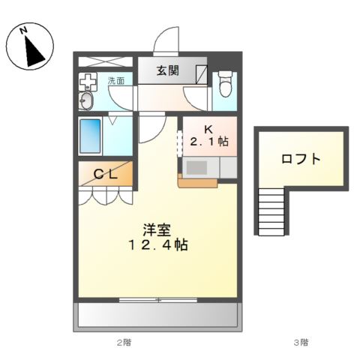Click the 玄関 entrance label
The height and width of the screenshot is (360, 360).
pyautogui.click(x=168, y=70)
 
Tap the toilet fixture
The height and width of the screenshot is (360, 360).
pyautogui.click(x=225, y=84)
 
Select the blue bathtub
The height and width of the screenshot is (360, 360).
pyautogui.click(x=90, y=136)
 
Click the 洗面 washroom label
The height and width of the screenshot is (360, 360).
pyautogui.click(x=116, y=80)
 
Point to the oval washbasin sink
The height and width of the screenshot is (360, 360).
pyautogui.click(x=86, y=100)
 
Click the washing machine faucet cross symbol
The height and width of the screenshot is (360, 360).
pyautogui.click(x=88, y=82)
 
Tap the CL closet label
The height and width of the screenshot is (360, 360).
pyautogui.click(x=106, y=174)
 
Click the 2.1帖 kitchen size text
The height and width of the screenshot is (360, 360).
pyautogui.click(x=209, y=142)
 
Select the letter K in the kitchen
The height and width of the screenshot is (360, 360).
pyautogui.click(x=208, y=129)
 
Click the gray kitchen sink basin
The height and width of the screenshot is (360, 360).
pyautogui.click(x=197, y=167)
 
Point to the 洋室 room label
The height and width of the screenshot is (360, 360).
pyautogui.click(x=157, y=230)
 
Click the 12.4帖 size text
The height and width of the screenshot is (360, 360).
pyautogui.click(x=158, y=245)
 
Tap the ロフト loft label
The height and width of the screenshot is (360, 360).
pyautogui.click(x=301, y=159)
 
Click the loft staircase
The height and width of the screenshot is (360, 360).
pyautogui.click(x=271, y=212)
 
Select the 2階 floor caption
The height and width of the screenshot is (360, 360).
pyautogui.click(x=124, y=342)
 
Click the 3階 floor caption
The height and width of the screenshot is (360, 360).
pyautogui.click(x=301, y=342)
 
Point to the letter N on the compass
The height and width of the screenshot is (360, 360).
pyautogui.click(x=24, y=31)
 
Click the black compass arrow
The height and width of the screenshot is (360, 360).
pyautogui.click(x=34, y=51)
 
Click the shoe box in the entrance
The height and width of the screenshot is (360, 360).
pyautogui.click(x=202, y=74)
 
